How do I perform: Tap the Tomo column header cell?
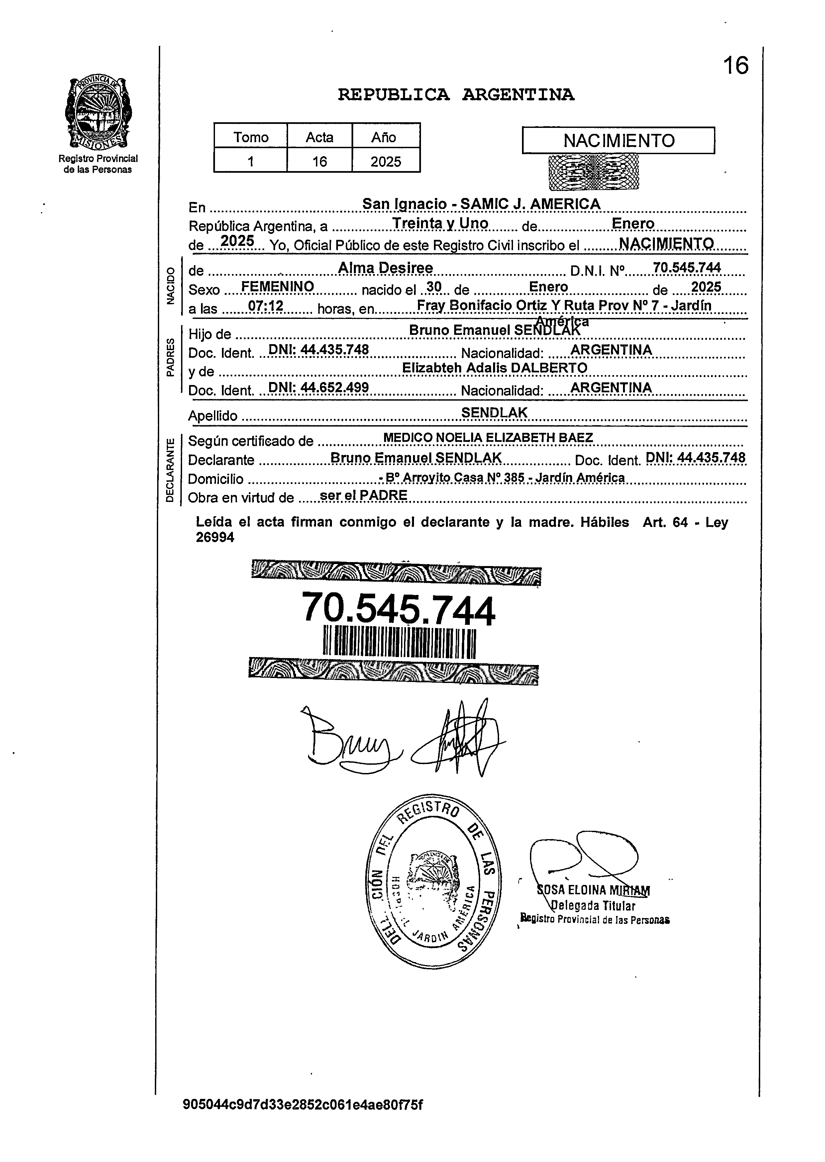[x=251, y=137]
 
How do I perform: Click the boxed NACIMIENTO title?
[x=618, y=141]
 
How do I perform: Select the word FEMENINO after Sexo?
[x=277, y=287]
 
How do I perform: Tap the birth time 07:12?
[x=265, y=306]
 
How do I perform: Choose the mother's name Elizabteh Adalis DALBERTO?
[x=494, y=368]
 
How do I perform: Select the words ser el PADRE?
[x=364, y=495]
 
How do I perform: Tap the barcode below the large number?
[x=399, y=643]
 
